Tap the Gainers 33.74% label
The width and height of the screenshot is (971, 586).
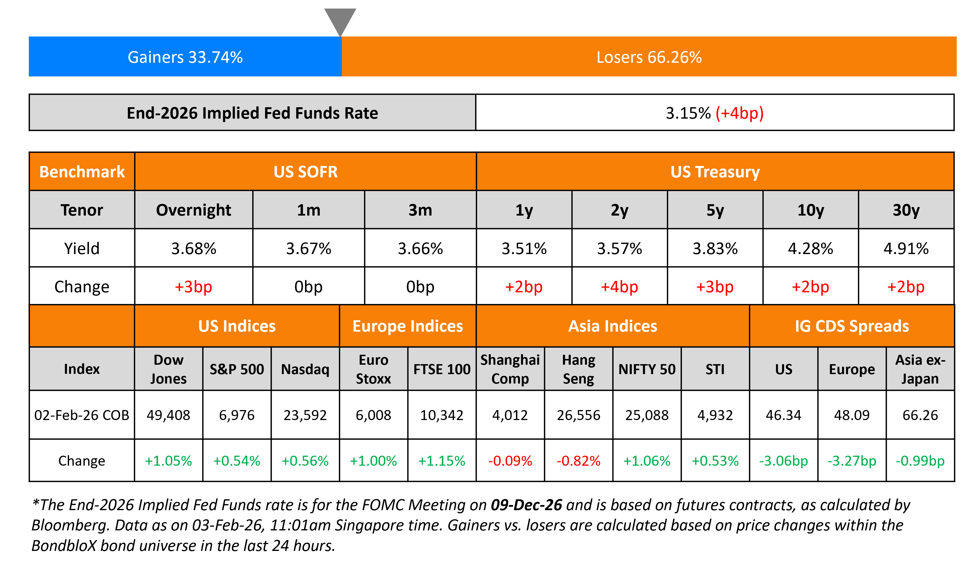[x=185, y=57]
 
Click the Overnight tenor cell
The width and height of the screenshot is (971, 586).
[x=193, y=210]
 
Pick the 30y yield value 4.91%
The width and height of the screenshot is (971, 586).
[x=906, y=248]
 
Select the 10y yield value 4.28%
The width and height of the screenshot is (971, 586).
[x=810, y=248]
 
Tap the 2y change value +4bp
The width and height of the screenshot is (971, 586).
[x=619, y=287]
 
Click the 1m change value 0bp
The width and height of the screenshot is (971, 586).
[x=308, y=287]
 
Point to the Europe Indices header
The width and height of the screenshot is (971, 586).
[x=407, y=326]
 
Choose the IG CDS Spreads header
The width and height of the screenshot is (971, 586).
[x=852, y=326]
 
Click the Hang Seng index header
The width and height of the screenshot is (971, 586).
[x=578, y=369]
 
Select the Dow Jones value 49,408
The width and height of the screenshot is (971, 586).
[x=168, y=415]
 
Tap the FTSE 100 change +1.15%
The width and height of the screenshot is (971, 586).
[x=441, y=461]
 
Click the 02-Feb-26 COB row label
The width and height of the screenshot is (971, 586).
[x=82, y=415]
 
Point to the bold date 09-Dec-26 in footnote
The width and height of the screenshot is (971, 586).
[x=526, y=505]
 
